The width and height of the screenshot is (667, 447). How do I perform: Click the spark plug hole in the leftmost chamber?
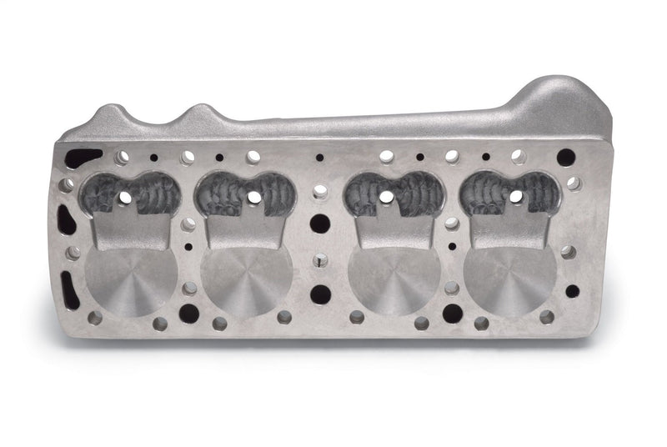pos(124,198)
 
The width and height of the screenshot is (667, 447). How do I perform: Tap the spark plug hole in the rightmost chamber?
pos(516,197)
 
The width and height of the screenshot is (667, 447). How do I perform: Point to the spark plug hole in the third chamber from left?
pos(387,197)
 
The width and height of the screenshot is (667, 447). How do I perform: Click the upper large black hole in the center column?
pos(320,223)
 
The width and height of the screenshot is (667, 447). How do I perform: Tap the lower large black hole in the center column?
pos(320,294)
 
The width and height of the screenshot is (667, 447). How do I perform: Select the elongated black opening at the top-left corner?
pos(83,158)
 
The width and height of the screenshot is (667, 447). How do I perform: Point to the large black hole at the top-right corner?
pos(565,157)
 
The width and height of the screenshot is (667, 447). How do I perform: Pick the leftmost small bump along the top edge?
pos(113,115)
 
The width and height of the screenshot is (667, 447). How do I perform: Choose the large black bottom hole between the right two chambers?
pos(453,314)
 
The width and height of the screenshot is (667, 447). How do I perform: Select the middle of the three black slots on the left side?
pos(65,222)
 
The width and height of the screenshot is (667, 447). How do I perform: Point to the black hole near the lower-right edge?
pos(572,291)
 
